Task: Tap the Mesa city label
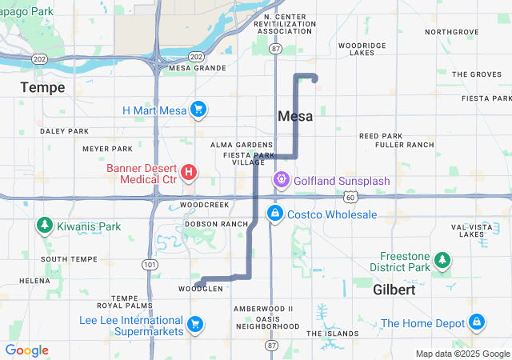pos(295,116)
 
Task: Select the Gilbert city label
pos(394,290)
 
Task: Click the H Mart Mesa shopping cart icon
pos(198,110)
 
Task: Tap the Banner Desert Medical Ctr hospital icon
pos(189,172)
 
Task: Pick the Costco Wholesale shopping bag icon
pos(274,214)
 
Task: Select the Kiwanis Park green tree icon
pos(44,226)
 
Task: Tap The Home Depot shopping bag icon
pos(477,322)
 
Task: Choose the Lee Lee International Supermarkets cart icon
pos(194,324)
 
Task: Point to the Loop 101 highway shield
pos(148,264)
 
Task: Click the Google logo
pos(26,350)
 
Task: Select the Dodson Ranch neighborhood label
pos(216,224)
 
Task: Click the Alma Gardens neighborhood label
pos(242,145)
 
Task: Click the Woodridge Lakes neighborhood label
pos(367,49)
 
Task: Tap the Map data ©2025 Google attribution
pos(462,354)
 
